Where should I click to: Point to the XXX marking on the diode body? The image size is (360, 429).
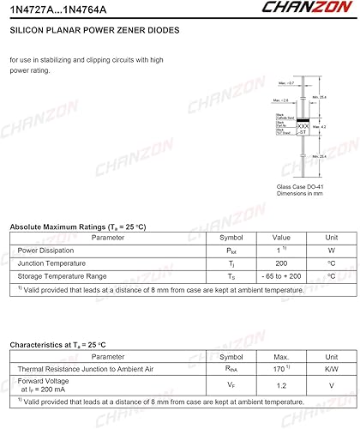pyautogui.click(x=303, y=125)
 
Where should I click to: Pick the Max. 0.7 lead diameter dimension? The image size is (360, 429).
pyautogui.click(x=286, y=83)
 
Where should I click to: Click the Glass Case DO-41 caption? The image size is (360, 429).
pyautogui.click(x=301, y=186)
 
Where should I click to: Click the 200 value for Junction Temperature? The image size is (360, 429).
pyautogui.click(x=281, y=263)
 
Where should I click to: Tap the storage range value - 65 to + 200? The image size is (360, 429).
pyautogui.click(x=281, y=276)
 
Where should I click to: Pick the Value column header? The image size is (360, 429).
pyautogui.click(x=281, y=238)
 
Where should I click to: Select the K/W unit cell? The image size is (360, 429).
pyautogui.click(x=331, y=368)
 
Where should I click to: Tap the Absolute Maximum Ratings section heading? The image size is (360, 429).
pyautogui.click(x=78, y=227)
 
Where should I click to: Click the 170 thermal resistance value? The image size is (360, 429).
pyautogui.click(x=280, y=368)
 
